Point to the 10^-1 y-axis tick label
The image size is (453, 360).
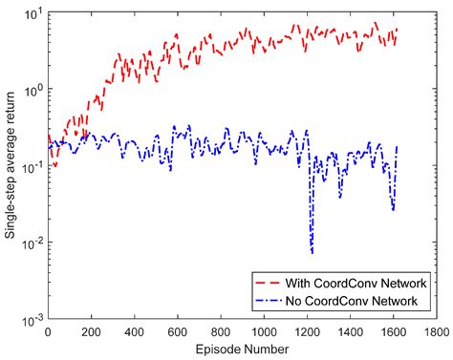32,166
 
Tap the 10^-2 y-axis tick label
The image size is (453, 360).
32,243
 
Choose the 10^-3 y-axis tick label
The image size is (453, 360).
32,319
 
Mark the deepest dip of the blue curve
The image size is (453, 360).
312,252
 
